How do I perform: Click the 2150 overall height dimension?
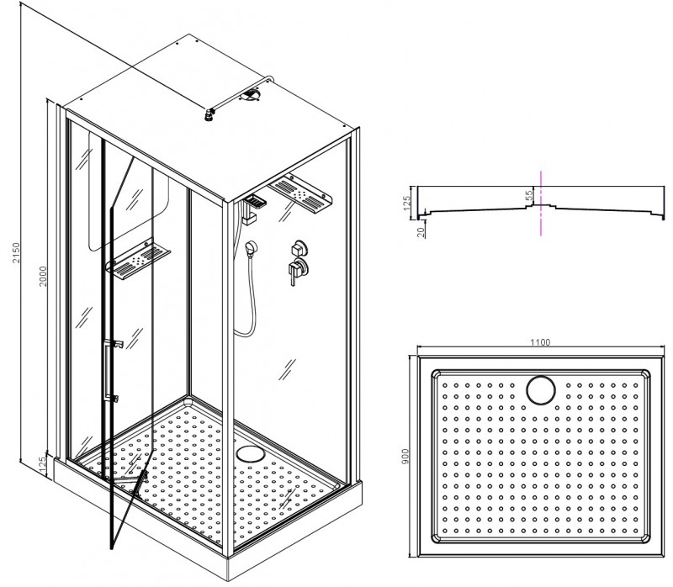point(16,253)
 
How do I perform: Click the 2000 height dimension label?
point(43,277)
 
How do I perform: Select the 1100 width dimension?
point(540,342)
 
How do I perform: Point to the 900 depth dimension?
point(406,456)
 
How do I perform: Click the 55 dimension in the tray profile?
point(529,195)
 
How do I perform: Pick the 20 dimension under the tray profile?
point(421,232)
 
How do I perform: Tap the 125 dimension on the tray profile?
point(407,201)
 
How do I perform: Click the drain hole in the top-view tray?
point(541,390)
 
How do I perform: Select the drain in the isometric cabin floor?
point(250,453)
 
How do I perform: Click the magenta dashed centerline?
point(541,203)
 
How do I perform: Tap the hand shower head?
point(251,248)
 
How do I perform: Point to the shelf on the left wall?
point(138,258)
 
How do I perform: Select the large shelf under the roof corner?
point(300,193)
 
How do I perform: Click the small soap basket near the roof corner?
point(254,201)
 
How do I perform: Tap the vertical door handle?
point(106,370)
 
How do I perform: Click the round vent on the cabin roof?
point(250,94)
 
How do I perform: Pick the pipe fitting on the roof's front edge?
point(209,115)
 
